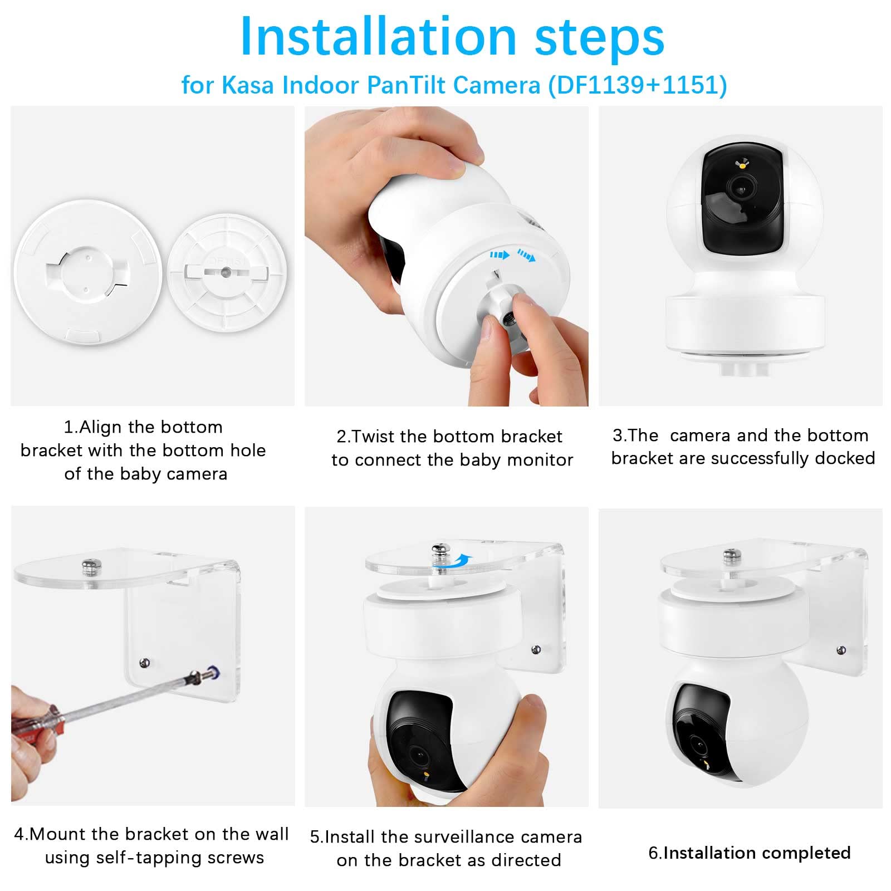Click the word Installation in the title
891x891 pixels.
click(378, 37)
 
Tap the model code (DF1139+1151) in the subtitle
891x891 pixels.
click(638, 85)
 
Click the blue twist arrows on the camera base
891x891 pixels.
click(512, 256)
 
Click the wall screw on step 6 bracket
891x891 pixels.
click(841, 650)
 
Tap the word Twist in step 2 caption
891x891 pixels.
click(374, 436)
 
